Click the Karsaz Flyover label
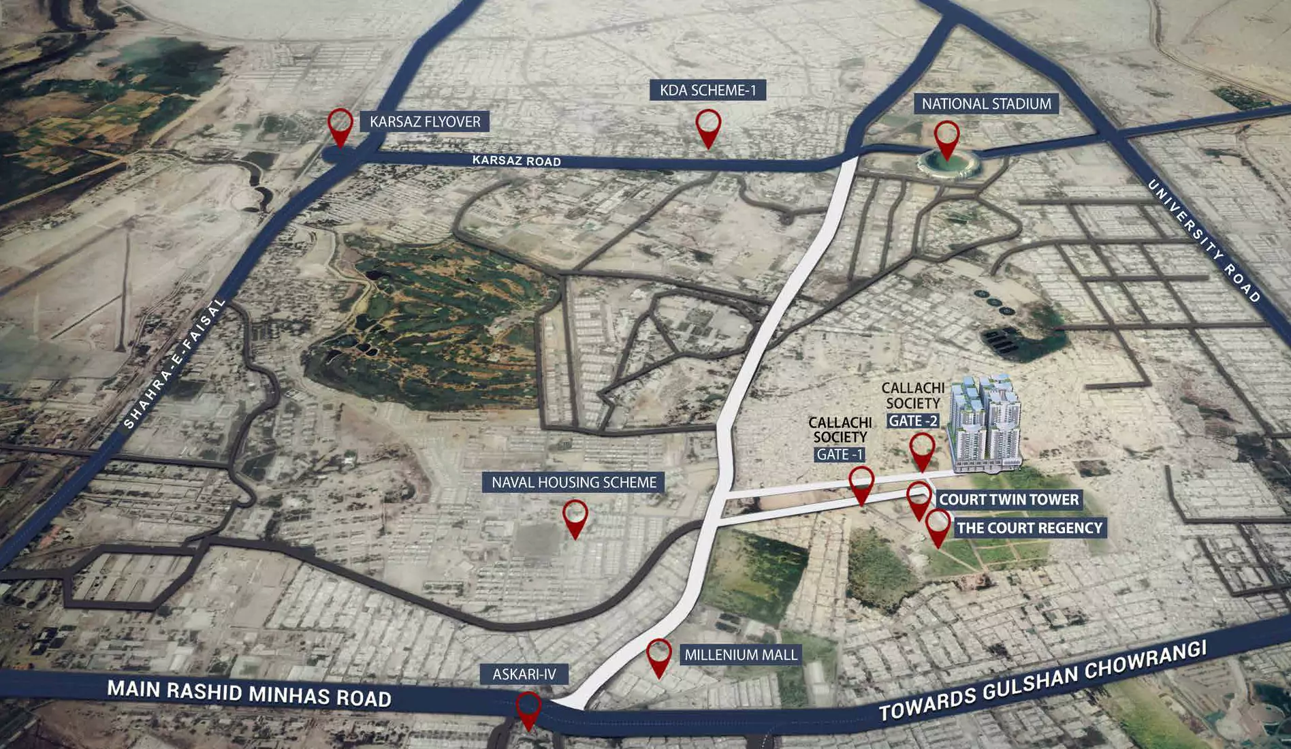[x=425, y=122]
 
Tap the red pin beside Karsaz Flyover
[x=340, y=126]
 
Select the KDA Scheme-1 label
[x=707, y=91]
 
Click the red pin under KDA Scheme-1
[x=708, y=127]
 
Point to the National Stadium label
[x=986, y=104]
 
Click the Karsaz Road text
[x=516, y=161]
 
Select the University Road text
[x=1204, y=240]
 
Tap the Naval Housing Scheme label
[x=574, y=483]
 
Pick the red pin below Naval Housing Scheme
[x=575, y=517]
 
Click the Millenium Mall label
[x=740, y=655]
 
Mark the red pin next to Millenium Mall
[x=658, y=656]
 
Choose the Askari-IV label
[x=524, y=675]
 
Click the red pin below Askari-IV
[x=528, y=710]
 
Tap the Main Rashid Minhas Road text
[x=249, y=694]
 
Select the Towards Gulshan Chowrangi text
[x=1042, y=680]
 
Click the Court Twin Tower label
[x=1008, y=500]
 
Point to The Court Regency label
[x=1029, y=528]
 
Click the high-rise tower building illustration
[x=986, y=423]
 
